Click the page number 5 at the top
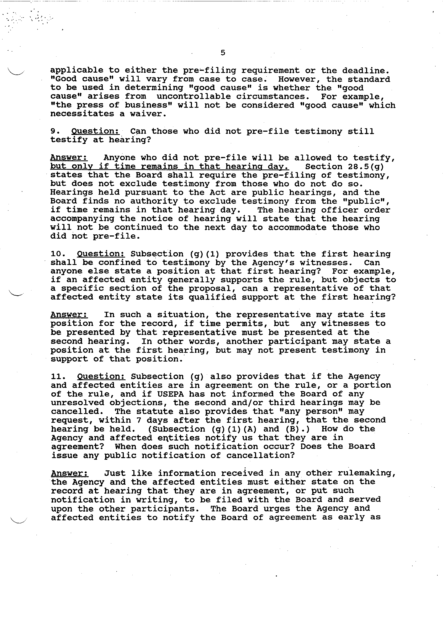click(x=223, y=53)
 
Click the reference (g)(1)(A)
click(x=234, y=429)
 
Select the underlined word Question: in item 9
click(x=95, y=131)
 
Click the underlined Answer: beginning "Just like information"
click(x=69, y=473)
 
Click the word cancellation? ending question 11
click(x=261, y=455)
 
